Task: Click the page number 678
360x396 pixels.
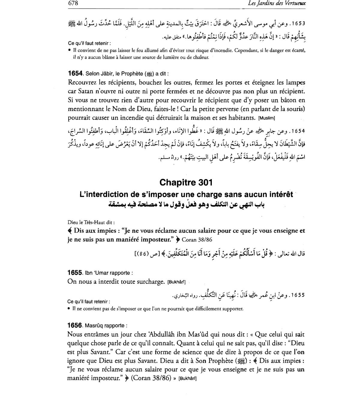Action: (x=73, y=3)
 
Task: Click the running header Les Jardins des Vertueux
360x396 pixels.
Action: (x=277, y=4)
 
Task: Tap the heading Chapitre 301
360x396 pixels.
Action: (x=186, y=182)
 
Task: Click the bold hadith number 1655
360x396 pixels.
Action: (x=75, y=273)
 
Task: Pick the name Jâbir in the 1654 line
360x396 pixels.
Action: (x=104, y=74)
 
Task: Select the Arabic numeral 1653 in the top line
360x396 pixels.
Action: (x=298, y=23)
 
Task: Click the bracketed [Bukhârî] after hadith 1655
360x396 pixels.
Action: (x=177, y=282)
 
